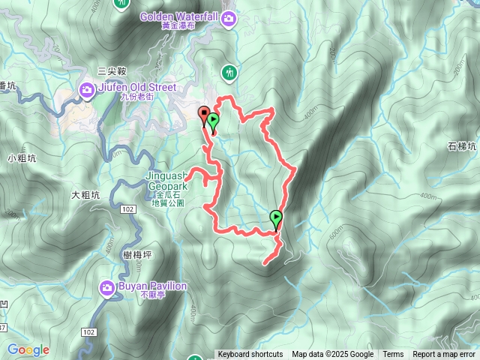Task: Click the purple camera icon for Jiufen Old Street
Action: tap(87, 91)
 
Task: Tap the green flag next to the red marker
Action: tap(214, 121)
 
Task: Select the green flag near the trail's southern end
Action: tap(276, 219)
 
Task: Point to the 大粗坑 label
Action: tap(85, 195)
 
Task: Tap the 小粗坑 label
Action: tap(22, 157)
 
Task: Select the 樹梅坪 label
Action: tap(137, 255)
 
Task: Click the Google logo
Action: tap(28, 349)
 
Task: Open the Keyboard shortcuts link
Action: tap(250, 355)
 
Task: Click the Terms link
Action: tap(393, 355)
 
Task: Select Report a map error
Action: tap(444, 355)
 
